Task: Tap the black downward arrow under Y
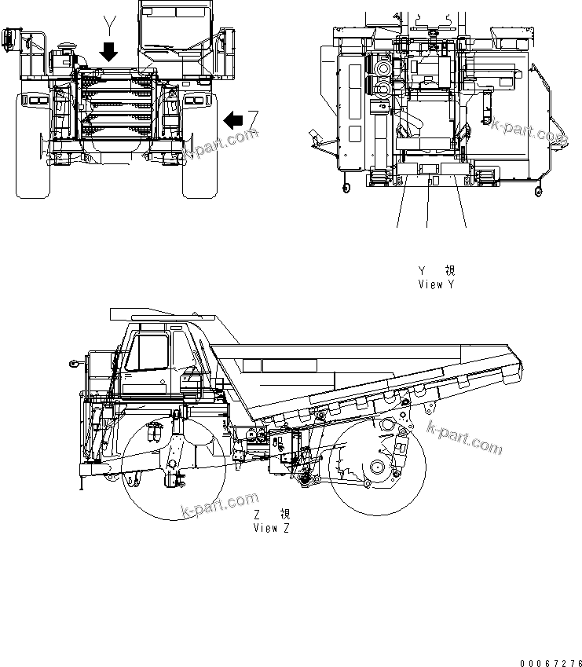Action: click(109, 52)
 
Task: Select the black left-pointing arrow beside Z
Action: click(233, 120)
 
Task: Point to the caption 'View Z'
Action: click(271, 529)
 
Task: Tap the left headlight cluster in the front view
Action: click(35, 100)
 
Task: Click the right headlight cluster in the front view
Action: click(195, 100)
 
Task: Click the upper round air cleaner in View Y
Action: click(383, 70)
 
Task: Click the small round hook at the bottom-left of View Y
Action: click(344, 187)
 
